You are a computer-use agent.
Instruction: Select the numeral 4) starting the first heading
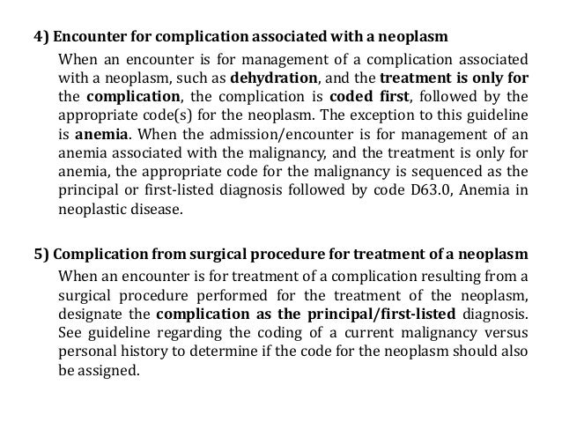pos(41,39)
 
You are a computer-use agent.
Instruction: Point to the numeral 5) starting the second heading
pos(41,253)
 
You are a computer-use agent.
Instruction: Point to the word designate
pos(88,315)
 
